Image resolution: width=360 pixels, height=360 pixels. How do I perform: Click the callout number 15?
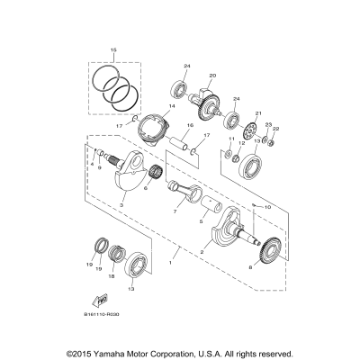(113, 49)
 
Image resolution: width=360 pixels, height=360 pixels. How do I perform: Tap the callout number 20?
(212, 76)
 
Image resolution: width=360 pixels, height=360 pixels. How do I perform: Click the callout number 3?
(121, 205)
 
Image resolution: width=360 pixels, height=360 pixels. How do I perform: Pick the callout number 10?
(242, 206)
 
